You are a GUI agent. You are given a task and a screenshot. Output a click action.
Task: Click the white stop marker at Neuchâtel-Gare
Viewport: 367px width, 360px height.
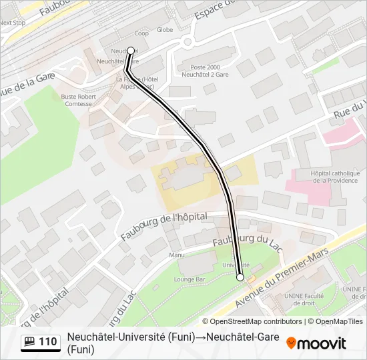[x=131, y=50]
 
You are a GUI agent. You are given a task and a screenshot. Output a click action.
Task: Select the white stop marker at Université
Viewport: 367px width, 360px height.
[x=240, y=277]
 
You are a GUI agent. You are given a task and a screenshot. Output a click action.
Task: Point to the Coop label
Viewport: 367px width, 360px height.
[x=141, y=33]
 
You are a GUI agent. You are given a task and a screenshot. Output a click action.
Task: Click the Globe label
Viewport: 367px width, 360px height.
[x=164, y=30]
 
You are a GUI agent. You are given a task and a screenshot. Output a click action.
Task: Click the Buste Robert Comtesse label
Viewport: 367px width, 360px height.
[x=78, y=100]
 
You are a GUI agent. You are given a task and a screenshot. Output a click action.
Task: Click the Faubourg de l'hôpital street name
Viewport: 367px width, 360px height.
[x=163, y=226]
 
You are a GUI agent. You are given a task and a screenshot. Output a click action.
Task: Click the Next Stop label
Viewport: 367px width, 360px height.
[x=12, y=22]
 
